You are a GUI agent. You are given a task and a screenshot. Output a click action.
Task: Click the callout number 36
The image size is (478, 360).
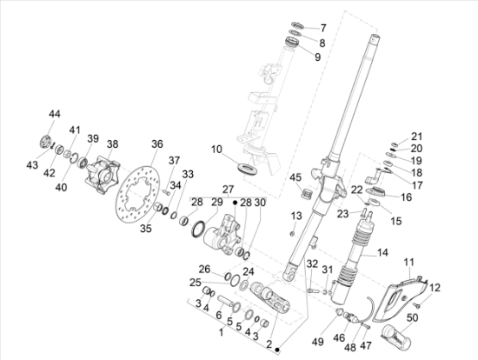tap(157, 143)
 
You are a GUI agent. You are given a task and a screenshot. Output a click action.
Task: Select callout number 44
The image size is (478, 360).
tap(55, 115)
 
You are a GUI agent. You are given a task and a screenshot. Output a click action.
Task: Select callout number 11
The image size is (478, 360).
tap(409, 261)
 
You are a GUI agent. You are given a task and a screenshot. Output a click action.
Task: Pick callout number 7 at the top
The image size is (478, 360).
tap(322, 28)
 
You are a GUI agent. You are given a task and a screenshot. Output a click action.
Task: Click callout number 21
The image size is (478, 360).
tap(416, 136)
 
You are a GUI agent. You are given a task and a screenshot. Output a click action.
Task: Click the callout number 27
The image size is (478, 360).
tap(229, 189)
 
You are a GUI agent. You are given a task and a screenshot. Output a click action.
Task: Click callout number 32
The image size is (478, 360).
tap(311, 263)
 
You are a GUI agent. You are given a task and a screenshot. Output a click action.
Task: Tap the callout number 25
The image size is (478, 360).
tap(196, 283)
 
